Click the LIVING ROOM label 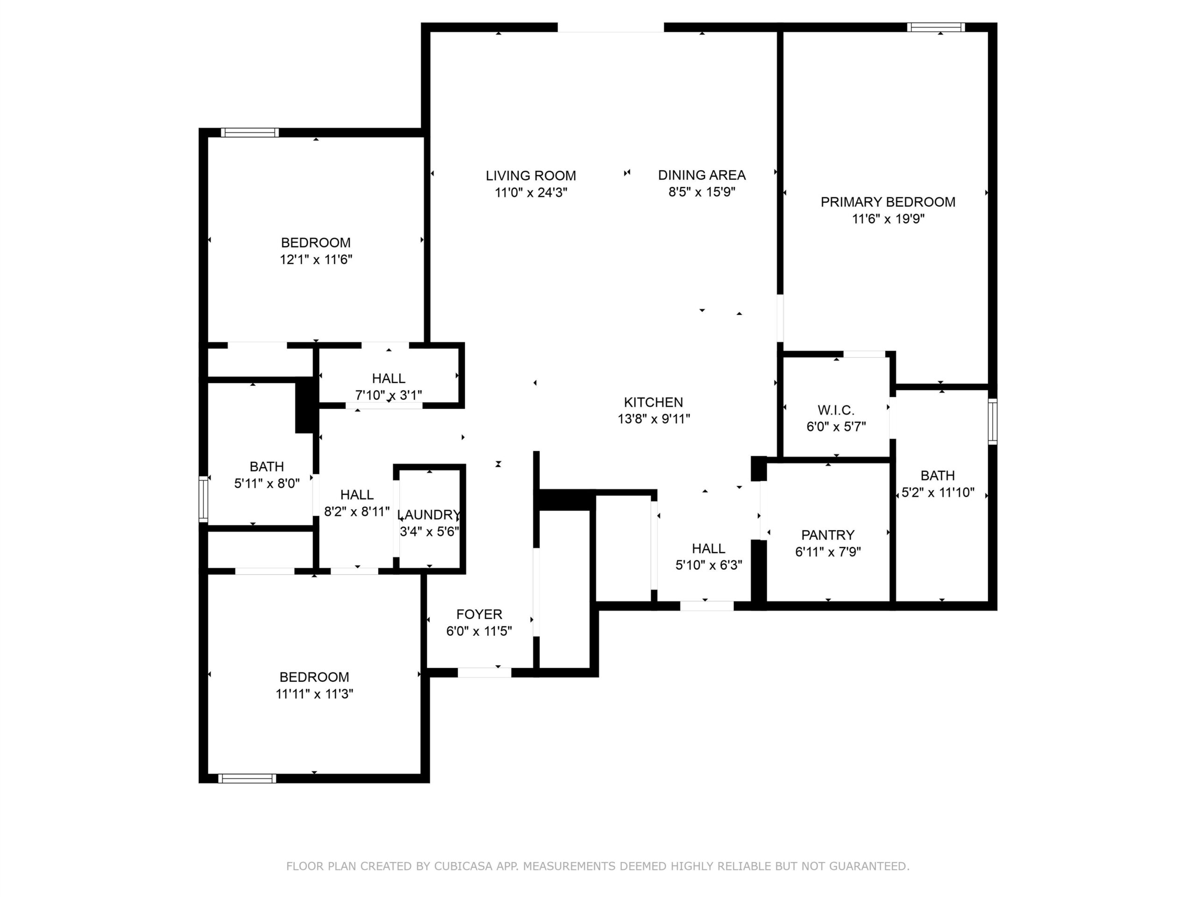(x=530, y=176)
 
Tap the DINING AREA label (x=702, y=175)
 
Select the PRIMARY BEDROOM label (x=888, y=202)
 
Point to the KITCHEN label (x=653, y=402)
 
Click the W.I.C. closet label (x=836, y=410)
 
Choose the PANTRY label (x=828, y=535)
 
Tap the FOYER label (x=479, y=614)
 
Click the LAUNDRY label (x=429, y=515)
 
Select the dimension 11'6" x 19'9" (x=888, y=219)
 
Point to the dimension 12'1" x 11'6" (x=316, y=260)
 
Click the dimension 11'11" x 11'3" (x=314, y=694)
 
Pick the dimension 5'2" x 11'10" (x=938, y=492)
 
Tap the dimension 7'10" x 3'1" (x=388, y=395)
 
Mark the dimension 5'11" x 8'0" (x=267, y=484)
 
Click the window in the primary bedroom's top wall (x=936, y=27)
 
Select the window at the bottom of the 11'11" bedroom (x=247, y=779)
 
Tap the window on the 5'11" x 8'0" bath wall (x=203, y=499)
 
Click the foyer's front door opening (x=484, y=673)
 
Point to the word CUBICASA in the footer (x=463, y=866)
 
